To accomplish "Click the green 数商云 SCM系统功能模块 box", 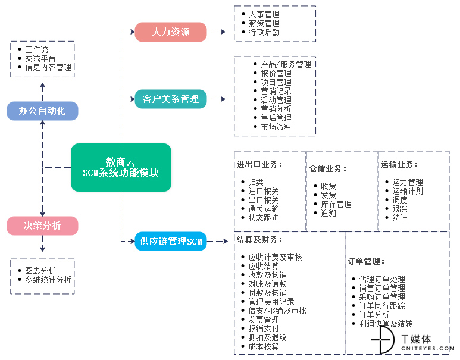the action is click(x=121, y=168).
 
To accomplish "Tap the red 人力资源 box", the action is click(x=171, y=32).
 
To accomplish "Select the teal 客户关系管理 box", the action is click(x=171, y=99).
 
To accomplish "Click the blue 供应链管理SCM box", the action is click(x=171, y=241).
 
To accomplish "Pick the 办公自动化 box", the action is click(x=42, y=111).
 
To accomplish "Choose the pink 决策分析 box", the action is click(x=42, y=226).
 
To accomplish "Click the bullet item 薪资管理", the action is click(x=264, y=23).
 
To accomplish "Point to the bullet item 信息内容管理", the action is click(x=48, y=67).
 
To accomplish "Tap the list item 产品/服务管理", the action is click(x=286, y=64).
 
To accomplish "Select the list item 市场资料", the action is click(x=276, y=127).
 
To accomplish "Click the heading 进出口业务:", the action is click(x=259, y=164).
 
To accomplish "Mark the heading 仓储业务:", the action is click(x=328, y=168).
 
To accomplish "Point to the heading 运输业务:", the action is click(x=399, y=164).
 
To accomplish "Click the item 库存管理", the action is click(x=336, y=204).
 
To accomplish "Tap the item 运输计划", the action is click(x=408, y=191).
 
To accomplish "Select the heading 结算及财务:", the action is click(x=259, y=239).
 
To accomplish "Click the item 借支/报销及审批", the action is click(x=277, y=311).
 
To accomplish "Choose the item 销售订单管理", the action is click(x=382, y=288).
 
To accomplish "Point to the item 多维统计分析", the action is click(x=48, y=280).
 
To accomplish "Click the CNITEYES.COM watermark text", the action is click(x=428, y=348).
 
